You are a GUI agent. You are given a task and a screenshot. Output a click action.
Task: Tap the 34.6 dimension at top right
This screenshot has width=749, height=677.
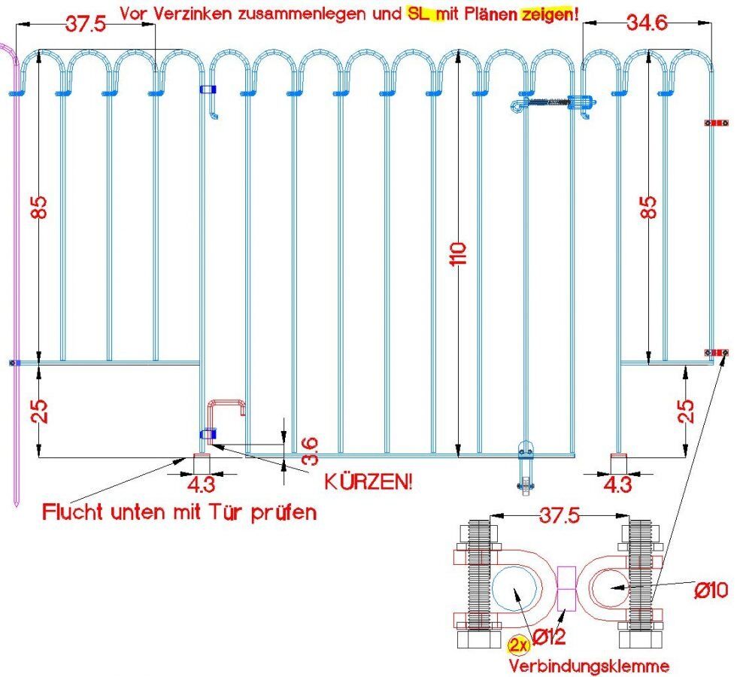[646, 23]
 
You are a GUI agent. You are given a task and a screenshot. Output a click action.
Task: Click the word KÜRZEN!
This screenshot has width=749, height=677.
[368, 481]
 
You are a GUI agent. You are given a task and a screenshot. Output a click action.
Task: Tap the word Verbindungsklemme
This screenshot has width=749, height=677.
[589, 666]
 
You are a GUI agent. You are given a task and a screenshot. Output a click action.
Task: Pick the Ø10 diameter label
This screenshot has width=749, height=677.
[710, 590]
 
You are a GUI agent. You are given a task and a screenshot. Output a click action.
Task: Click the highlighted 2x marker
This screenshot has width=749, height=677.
[517, 645]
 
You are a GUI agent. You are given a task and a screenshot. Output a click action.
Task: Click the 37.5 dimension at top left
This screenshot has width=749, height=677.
[84, 23]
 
